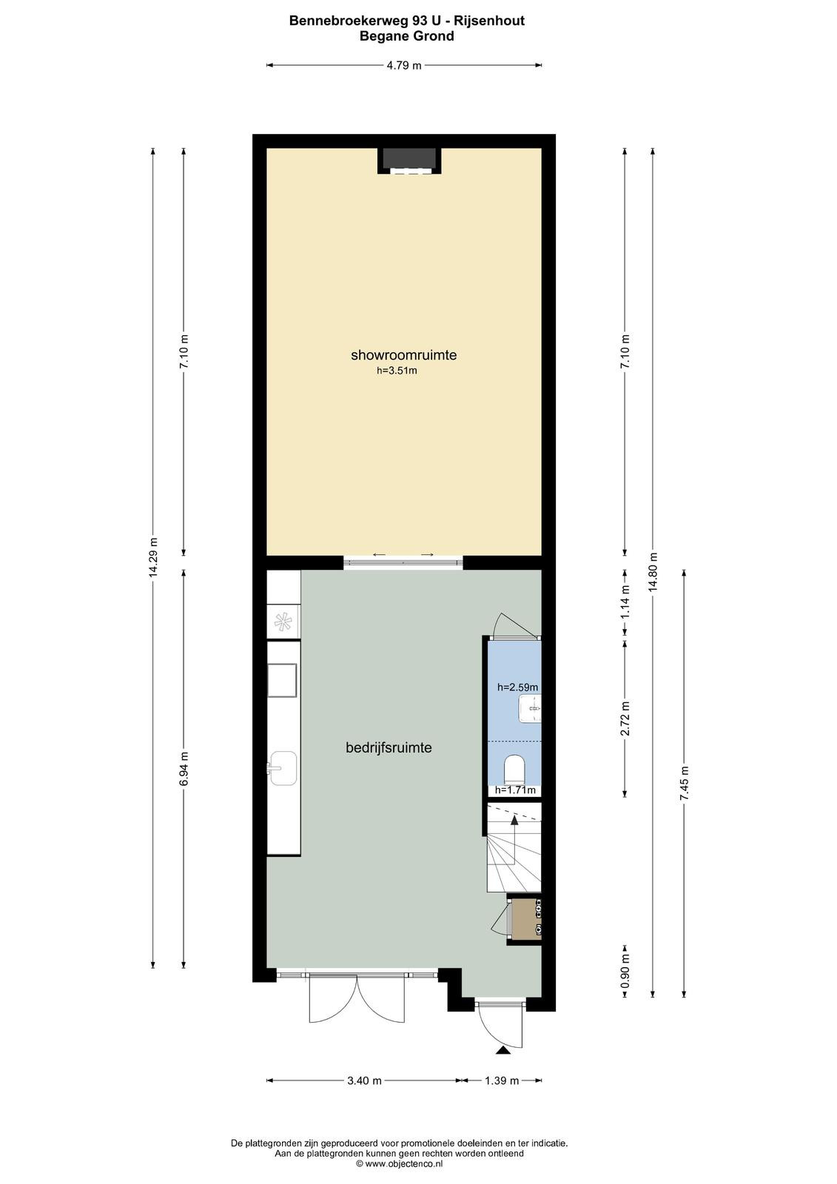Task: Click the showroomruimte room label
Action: coord(403,354)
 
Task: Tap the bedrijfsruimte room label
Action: coord(389,747)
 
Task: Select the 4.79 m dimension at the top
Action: coord(404,66)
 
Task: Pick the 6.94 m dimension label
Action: coord(184,769)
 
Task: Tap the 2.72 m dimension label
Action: coord(625,719)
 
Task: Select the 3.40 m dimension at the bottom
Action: coord(364,1080)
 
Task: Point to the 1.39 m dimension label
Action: coord(502,1080)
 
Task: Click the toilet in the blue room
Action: coord(514,770)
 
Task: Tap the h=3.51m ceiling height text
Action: coord(397,371)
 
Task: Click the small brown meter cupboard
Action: coord(523,918)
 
